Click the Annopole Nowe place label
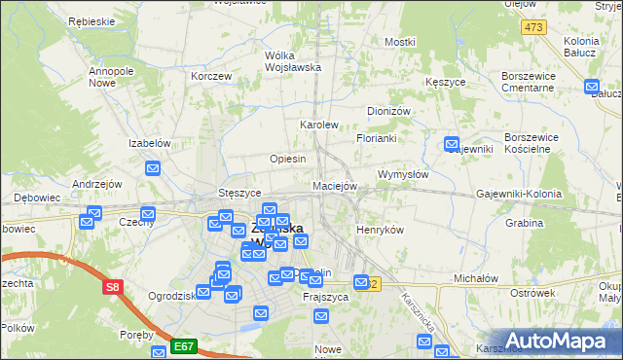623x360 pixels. pos(110,77)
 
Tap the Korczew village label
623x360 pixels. pos(211,75)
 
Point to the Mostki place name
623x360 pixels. pos(400,42)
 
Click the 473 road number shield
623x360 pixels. pos(532,26)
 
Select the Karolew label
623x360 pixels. pos(318,125)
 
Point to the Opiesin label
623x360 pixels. pos(288,159)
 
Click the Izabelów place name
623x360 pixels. pos(150,143)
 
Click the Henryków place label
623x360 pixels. pos(380,230)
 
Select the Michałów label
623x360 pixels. pos(476,277)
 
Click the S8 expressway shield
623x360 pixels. pos(113,287)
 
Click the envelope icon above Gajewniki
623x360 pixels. pos(452,145)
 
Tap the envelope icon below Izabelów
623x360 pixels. pos(153,168)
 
